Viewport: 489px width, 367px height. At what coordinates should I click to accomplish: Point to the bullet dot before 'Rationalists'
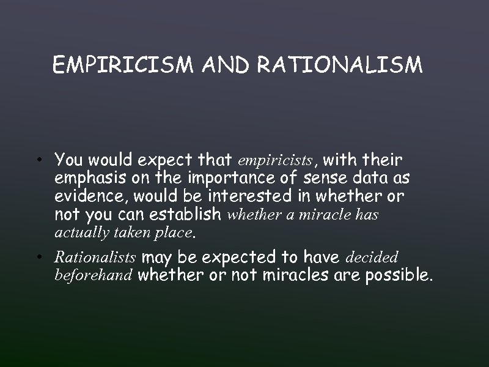39,258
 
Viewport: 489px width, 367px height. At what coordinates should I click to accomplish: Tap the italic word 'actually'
79,232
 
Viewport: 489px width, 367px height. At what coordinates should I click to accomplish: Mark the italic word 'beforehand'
93,275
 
